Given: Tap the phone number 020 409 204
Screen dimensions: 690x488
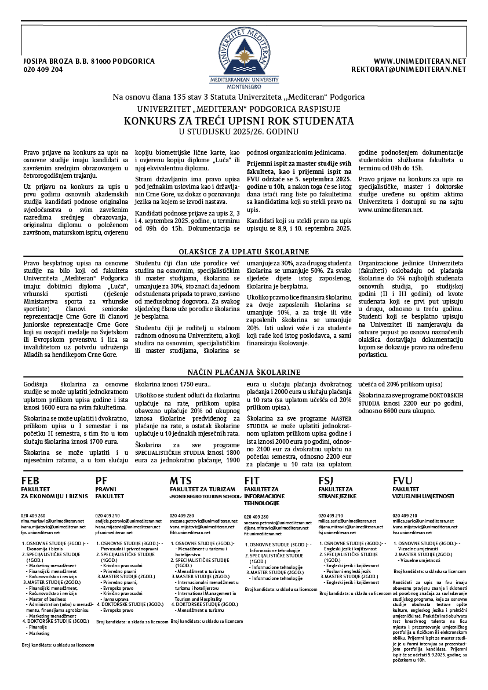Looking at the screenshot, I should tap(43, 69).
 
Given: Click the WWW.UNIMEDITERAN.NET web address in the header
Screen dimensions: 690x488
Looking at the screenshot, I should tap(420, 61).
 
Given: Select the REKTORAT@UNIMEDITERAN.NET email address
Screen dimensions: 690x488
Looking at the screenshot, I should tap(409, 69).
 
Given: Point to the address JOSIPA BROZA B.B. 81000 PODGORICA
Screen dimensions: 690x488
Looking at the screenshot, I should tap(89, 61).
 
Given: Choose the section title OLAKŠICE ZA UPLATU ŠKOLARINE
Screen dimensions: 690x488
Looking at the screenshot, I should tap(243, 251).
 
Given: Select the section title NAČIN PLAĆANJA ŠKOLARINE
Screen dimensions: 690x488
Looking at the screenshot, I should tap(243, 372).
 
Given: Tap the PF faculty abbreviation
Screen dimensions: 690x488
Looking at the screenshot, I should tap(101, 481).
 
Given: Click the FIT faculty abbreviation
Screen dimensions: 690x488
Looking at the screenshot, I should tap(252, 481).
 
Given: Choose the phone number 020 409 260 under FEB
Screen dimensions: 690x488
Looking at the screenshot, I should tap(33, 515).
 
